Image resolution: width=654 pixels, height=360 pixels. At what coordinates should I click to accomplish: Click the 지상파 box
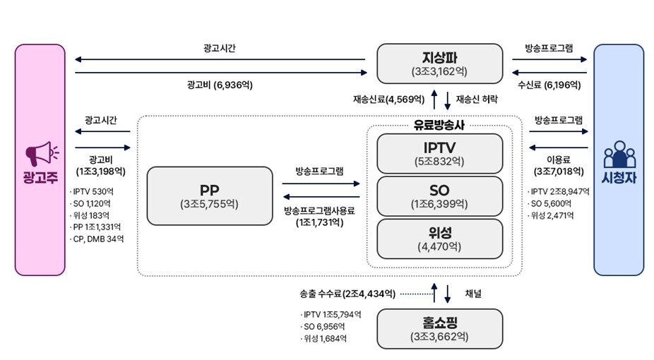(439, 64)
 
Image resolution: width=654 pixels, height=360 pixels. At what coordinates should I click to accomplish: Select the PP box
(210, 196)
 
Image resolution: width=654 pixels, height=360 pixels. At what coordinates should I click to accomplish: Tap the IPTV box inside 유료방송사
(439, 153)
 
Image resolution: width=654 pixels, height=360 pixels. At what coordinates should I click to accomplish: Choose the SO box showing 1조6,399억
(439, 196)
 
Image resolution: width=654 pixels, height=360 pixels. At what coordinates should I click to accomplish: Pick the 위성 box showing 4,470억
(439, 239)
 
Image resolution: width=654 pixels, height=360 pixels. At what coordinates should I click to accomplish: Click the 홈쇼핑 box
(439, 329)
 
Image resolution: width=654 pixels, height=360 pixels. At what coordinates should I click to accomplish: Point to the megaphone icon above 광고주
(42, 153)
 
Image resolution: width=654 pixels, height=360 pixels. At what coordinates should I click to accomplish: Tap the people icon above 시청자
(619, 154)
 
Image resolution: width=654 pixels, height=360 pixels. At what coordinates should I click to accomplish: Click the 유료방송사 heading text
(439, 125)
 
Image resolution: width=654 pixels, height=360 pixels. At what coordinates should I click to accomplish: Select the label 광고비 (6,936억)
(220, 85)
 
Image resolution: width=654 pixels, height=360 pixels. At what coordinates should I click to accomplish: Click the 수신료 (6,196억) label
(549, 85)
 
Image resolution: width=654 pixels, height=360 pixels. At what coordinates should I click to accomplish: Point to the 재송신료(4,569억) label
(388, 99)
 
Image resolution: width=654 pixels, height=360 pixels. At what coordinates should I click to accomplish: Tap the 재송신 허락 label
(477, 99)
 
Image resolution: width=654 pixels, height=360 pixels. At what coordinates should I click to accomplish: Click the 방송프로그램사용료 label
(319, 210)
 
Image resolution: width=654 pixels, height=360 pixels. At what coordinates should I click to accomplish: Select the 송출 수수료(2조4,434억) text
(347, 294)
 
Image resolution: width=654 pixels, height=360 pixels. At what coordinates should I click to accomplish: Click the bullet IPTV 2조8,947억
(559, 192)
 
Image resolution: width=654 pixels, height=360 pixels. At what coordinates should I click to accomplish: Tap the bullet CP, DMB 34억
(97, 239)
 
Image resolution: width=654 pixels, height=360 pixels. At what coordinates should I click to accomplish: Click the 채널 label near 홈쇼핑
(473, 294)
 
